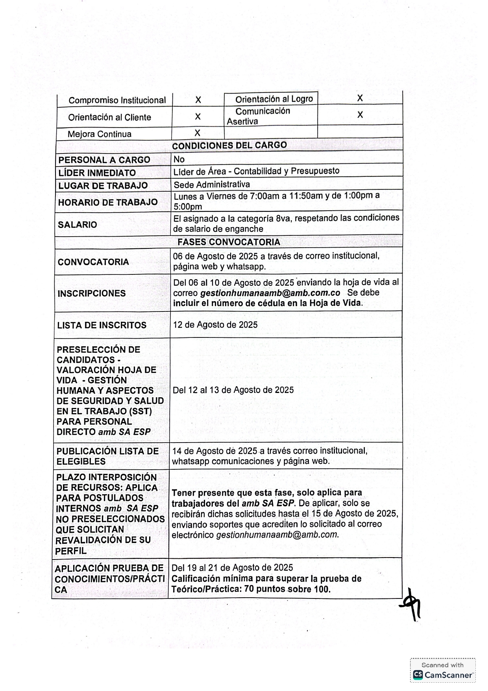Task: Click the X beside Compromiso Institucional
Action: (198, 100)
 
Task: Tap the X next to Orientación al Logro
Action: (360, 98)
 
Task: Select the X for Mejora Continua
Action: (197, 133)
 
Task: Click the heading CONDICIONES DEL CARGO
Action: (229, 145)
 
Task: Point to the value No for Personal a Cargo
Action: (179, 159)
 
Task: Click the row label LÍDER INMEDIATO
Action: (97, 173)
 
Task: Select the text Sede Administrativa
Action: (212, 185)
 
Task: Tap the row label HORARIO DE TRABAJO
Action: (108, 202)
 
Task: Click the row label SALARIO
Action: (77, 225)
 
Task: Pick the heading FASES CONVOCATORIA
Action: (229, 242)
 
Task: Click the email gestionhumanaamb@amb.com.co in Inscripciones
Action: (270, 293)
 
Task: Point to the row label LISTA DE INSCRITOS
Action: (102, 325)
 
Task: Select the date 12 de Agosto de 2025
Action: (215, 325)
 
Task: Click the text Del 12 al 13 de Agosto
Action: (233, 390)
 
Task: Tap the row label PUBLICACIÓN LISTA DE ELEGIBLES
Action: (107, 456)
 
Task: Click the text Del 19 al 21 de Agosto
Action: (232, 568)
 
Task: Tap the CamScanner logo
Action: (443, 674)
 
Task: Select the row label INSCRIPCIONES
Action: (92, 293)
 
